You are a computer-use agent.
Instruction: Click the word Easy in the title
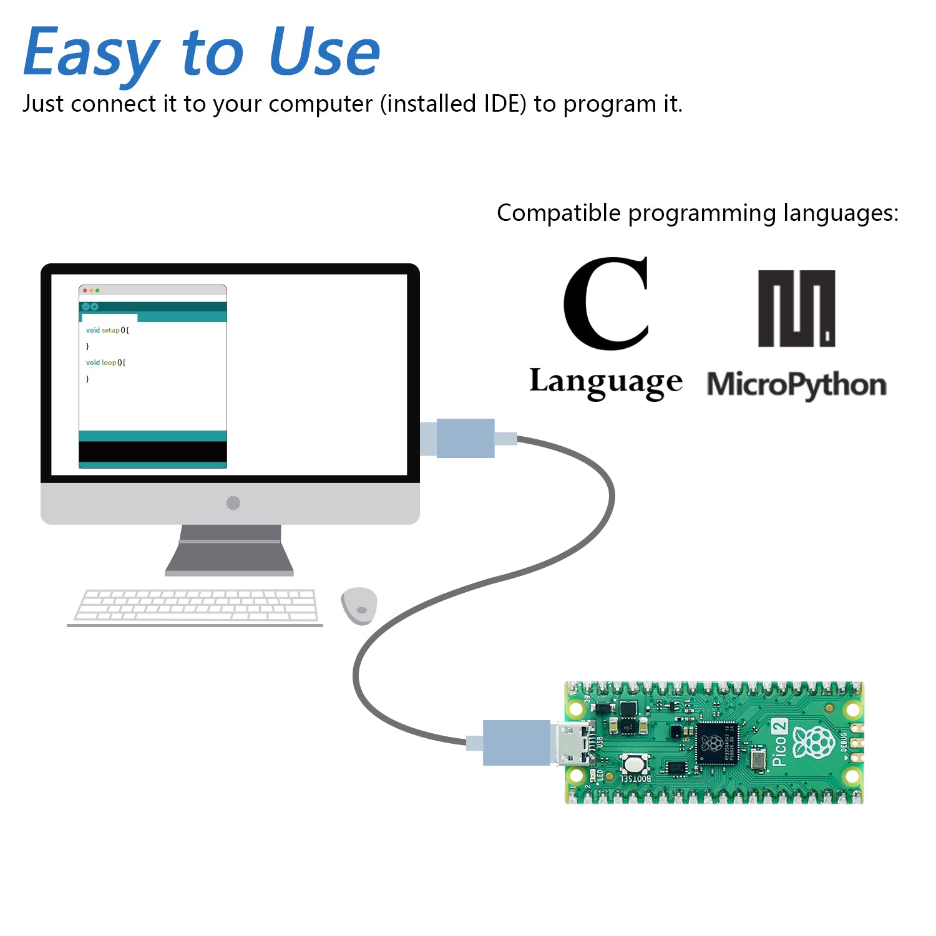[91, 53]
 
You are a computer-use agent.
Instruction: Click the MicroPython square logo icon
[796, 308]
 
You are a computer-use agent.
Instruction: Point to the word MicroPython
[796, 384]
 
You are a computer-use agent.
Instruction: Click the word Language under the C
[605, 382]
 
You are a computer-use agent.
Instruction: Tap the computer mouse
[359, 605]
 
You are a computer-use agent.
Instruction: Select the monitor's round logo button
[233, 503]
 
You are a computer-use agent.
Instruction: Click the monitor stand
[230, 549]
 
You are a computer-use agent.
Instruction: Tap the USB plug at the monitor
[466, 438]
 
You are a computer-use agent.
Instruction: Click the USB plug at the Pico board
[517, 743]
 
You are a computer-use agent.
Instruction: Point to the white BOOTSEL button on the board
[634, 763]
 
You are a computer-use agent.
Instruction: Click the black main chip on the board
[718, 743]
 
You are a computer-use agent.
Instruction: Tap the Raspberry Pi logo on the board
[814, 743]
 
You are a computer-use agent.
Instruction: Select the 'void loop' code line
[105, 363]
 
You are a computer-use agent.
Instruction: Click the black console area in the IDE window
[153, 452]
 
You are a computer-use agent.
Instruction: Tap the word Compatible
[558, 213]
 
